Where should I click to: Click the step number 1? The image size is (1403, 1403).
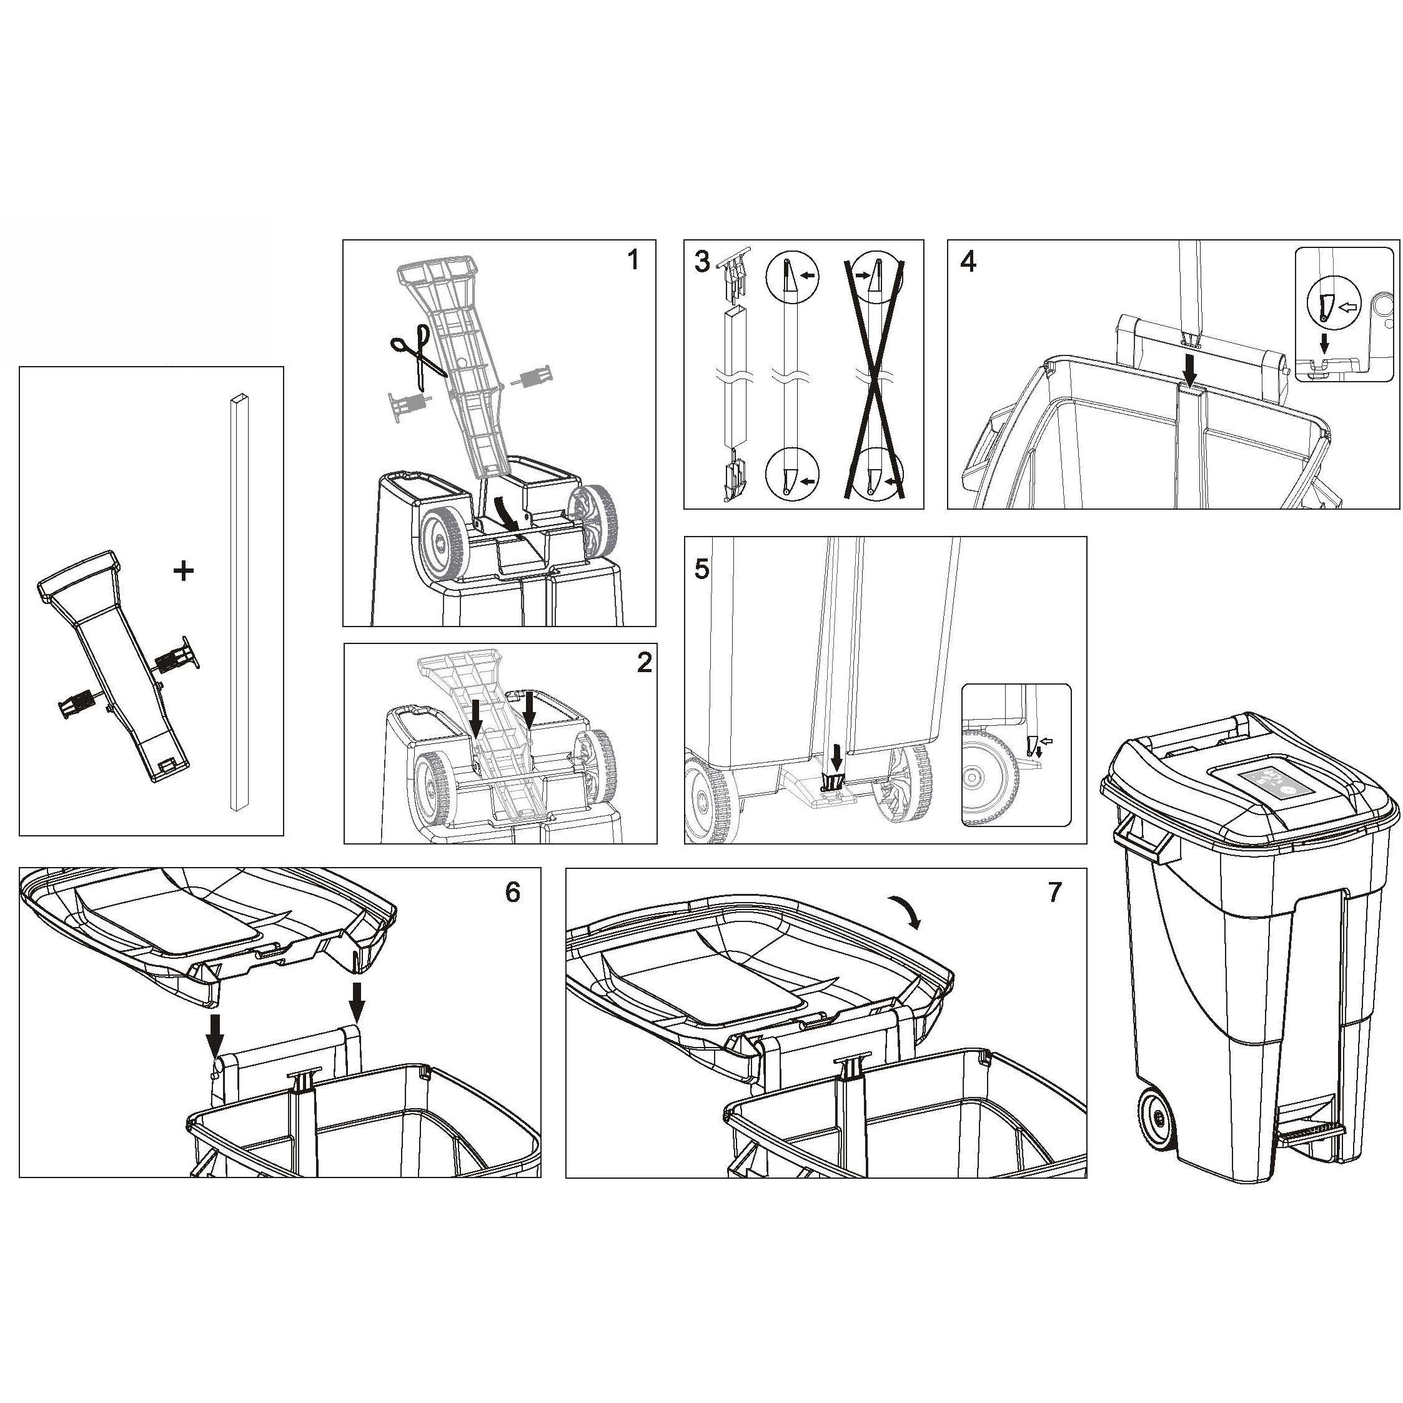click(633, 259)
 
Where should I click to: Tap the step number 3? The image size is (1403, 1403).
click(701, 262)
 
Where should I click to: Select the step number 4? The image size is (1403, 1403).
click(968, 262)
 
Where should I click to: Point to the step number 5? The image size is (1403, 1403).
click(701, 569)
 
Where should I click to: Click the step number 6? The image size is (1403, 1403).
click(513, 892)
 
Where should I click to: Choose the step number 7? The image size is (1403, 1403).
click(1054, 892)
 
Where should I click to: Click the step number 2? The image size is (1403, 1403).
click(643, 662)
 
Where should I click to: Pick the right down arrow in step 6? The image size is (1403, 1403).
click(356, 1001)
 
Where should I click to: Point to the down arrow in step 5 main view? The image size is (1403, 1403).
click(836, 756)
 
